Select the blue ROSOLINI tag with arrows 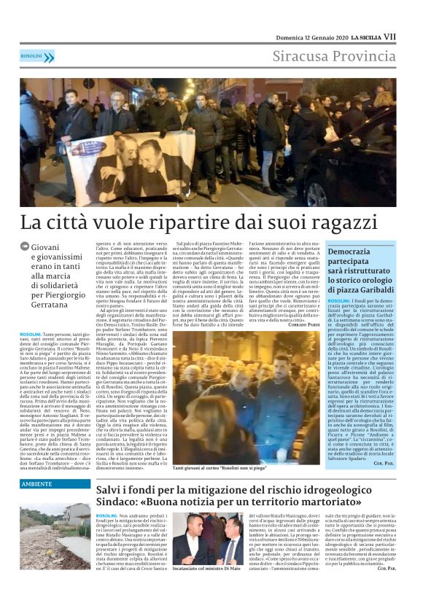pos(37,56)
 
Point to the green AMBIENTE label pos(36,483)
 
